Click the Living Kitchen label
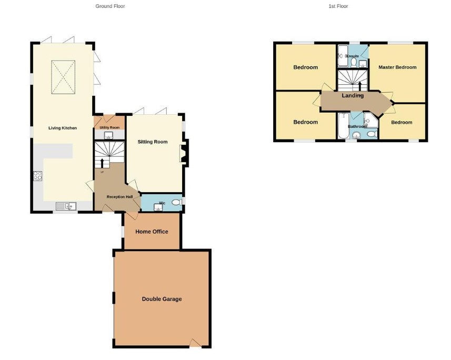(x=63, y=128)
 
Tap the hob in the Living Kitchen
(x=38, y=176)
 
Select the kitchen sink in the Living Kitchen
(x=66, y=206)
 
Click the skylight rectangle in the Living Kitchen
(x=63, y=77)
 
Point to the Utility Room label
(x=109, y=127)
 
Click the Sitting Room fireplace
(x=184, y=153)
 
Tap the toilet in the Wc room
(x=177, y=202)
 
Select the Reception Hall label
(x=119, y=197)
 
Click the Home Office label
(x=152, y=232)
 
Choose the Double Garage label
(x=162, y=299)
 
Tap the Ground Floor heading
(x=110, y=6)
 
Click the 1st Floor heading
(x=338, y=6)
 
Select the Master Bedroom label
(x=397, y=67)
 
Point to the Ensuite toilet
(x=354, y=63)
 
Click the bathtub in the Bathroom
(x=344, y=125)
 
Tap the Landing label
(x=353, y=96)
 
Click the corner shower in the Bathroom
(x=370, y=120)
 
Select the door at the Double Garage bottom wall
(x=195, y=343)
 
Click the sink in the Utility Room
(x=109, y=135)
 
